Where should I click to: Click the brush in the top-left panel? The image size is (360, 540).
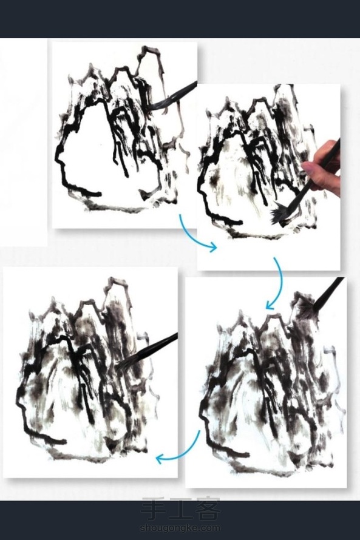click(174, 96)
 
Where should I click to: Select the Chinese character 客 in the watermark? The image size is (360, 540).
click(208, 509)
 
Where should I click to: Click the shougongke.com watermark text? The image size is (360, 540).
click(180, 528)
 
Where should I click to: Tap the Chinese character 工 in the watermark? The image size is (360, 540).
click(180, 509)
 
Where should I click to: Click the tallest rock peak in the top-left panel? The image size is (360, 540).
click(150, 52)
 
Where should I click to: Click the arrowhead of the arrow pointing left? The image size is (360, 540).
click(160, 459)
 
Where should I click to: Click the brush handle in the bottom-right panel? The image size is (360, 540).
click(329, 291)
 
